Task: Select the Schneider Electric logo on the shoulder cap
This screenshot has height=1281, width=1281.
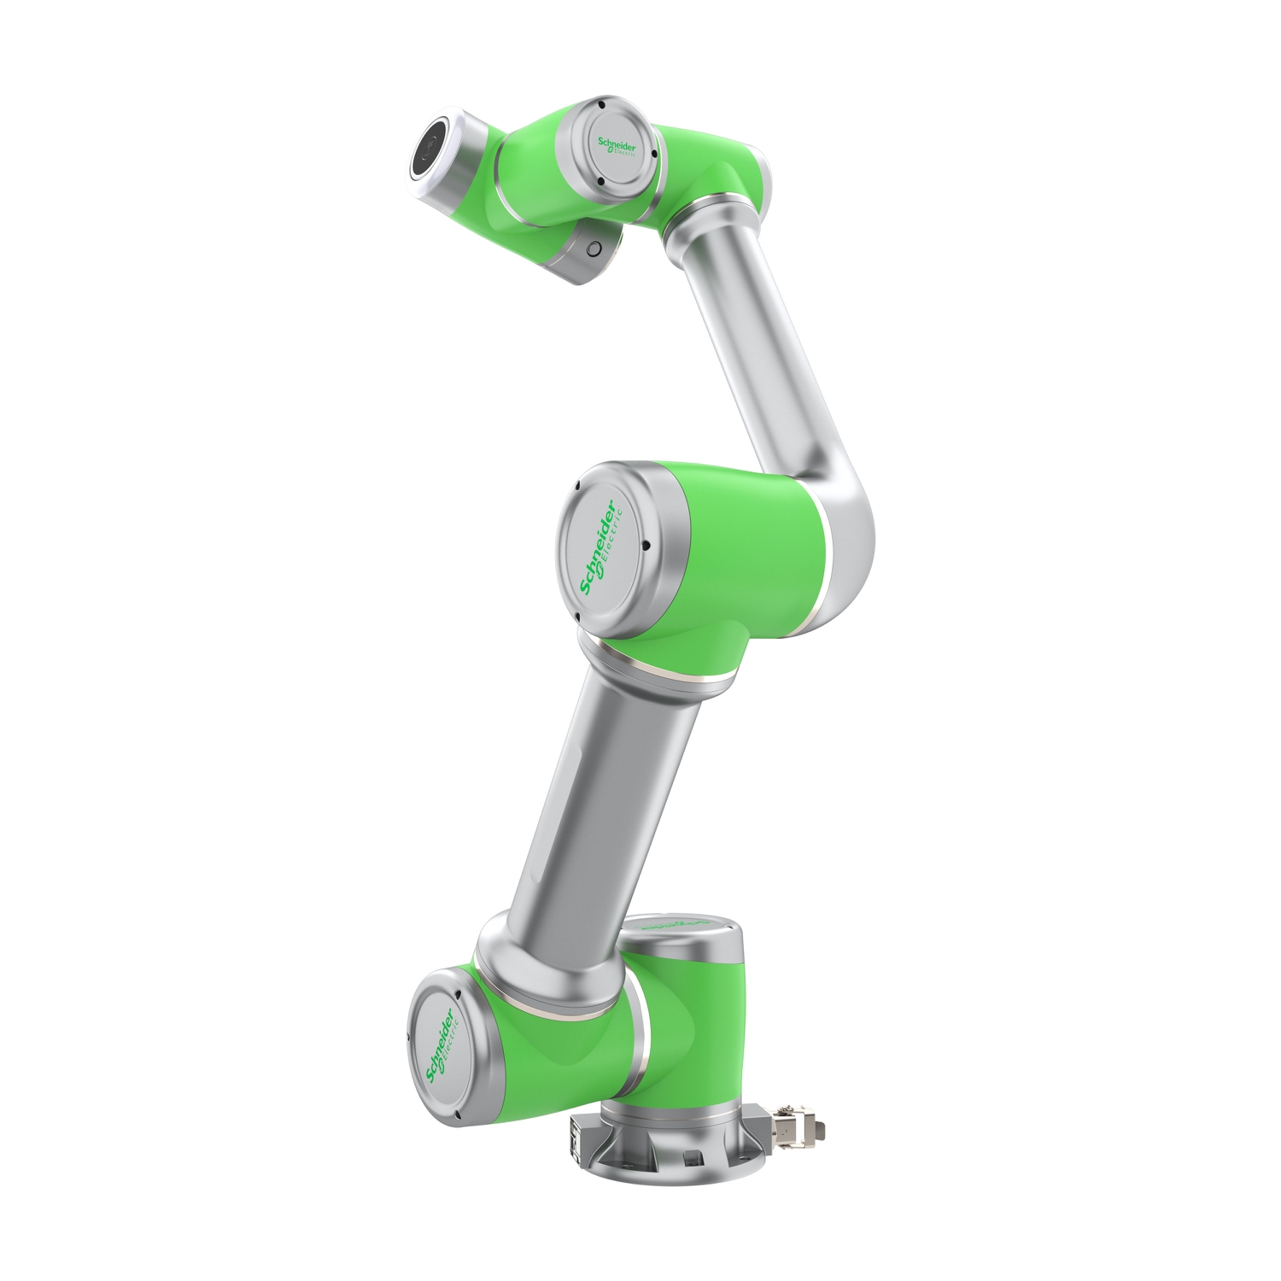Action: click(441, 1045)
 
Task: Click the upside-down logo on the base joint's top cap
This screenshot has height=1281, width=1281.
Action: click(675, 925)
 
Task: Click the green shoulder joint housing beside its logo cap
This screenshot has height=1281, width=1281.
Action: click(547, 1050)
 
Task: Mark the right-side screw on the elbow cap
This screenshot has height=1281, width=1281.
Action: click(647, 544)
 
